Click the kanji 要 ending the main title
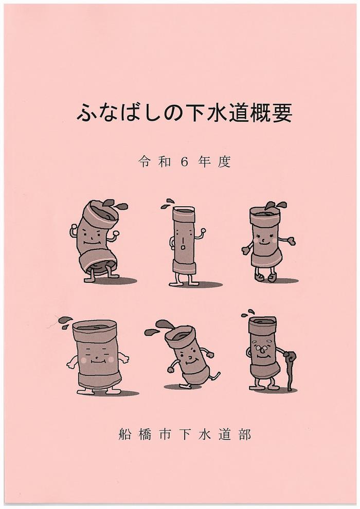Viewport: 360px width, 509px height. click(281, 113)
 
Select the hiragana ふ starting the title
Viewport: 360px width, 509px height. click(87, 113)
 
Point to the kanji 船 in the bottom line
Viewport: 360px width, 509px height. click(125, 434)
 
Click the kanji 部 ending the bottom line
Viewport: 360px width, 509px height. click(245, 434)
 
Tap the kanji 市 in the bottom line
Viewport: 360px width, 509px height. click(165, 434)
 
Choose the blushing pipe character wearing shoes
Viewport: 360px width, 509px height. click(266, 242)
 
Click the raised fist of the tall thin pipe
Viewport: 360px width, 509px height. click(203, 231)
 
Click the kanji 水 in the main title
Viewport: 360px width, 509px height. click(217, 113)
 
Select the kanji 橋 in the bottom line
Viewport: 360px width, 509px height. click(145, 434)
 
